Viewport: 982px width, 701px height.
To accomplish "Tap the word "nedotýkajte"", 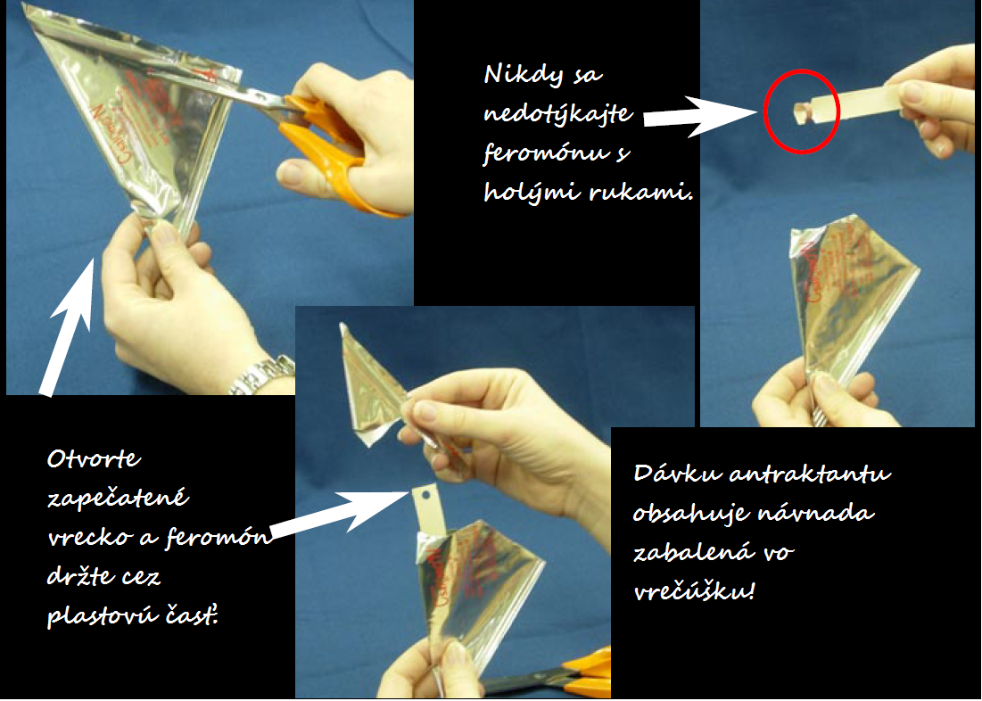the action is coord(558,113).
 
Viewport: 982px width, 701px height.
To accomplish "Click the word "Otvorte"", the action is coord(94,458).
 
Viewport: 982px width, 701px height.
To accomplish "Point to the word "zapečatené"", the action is coord(119,498).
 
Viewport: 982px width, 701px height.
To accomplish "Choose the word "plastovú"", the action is coord(103,617).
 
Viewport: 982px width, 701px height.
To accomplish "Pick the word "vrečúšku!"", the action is coord(695,591).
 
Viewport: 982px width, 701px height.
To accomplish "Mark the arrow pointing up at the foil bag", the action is coord(70,327).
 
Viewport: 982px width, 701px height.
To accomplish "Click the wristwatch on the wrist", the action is coord(263,375).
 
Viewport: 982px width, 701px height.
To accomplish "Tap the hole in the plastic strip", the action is coord(425,496).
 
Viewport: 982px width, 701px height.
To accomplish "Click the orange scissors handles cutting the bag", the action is coord(338,153).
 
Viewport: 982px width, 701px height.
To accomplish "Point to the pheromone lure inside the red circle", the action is coord(800,112).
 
